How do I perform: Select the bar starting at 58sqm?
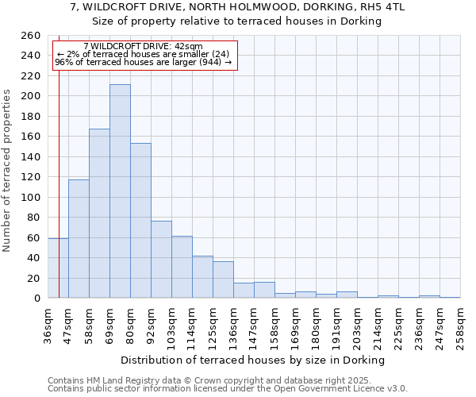[99, 214]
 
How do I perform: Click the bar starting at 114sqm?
[202, 277]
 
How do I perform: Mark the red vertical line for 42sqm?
[59, 183]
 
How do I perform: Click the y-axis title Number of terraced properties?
[8, 171]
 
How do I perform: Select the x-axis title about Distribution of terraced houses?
[254, 360]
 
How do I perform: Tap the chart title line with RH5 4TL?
[237, 7]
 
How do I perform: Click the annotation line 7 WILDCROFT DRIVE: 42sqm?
[143, 47]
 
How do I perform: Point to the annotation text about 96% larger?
[143, 62]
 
